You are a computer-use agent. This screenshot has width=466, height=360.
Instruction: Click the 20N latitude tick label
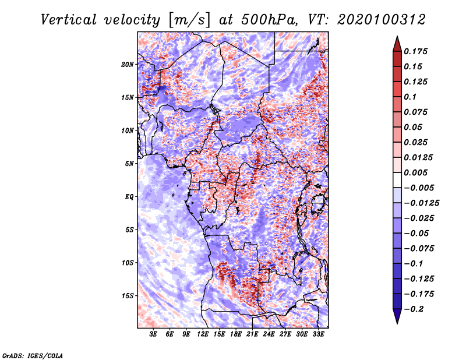[x=127, y=65]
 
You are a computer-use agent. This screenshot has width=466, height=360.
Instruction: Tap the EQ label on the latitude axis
[x=129, y=197]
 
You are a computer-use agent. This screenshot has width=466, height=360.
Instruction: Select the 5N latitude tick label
[x=129, y=164]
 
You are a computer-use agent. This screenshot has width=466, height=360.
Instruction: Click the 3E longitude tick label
[x=153, y=334]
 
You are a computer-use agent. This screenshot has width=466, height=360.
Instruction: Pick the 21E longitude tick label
[x=252, y=334]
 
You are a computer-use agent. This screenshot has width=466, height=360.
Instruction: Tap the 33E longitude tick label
[x=318, y=334]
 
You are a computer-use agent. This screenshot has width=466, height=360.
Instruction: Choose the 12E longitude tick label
[x=203, y=334]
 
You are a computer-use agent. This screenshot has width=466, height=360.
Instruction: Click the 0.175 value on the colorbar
[x=415, y=51]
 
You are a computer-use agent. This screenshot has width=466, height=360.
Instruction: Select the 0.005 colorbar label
[x=415, y=172]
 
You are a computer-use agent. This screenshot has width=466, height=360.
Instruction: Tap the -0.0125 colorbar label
[x=421, y=203]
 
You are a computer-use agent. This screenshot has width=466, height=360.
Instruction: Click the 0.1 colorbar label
[x=410, y=97]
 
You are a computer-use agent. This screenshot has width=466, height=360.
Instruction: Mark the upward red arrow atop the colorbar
[x=397, y=44]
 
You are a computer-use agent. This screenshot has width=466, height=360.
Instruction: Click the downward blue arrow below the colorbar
[x=397, y=316]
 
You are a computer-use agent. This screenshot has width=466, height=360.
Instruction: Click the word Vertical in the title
[x=69, y=20]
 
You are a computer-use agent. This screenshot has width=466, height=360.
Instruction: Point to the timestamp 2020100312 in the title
[x=382, y=20]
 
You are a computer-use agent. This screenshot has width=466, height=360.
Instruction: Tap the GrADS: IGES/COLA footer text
[x=33, y=355]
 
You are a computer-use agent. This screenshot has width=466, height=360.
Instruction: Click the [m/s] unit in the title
[x=189, y=20]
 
